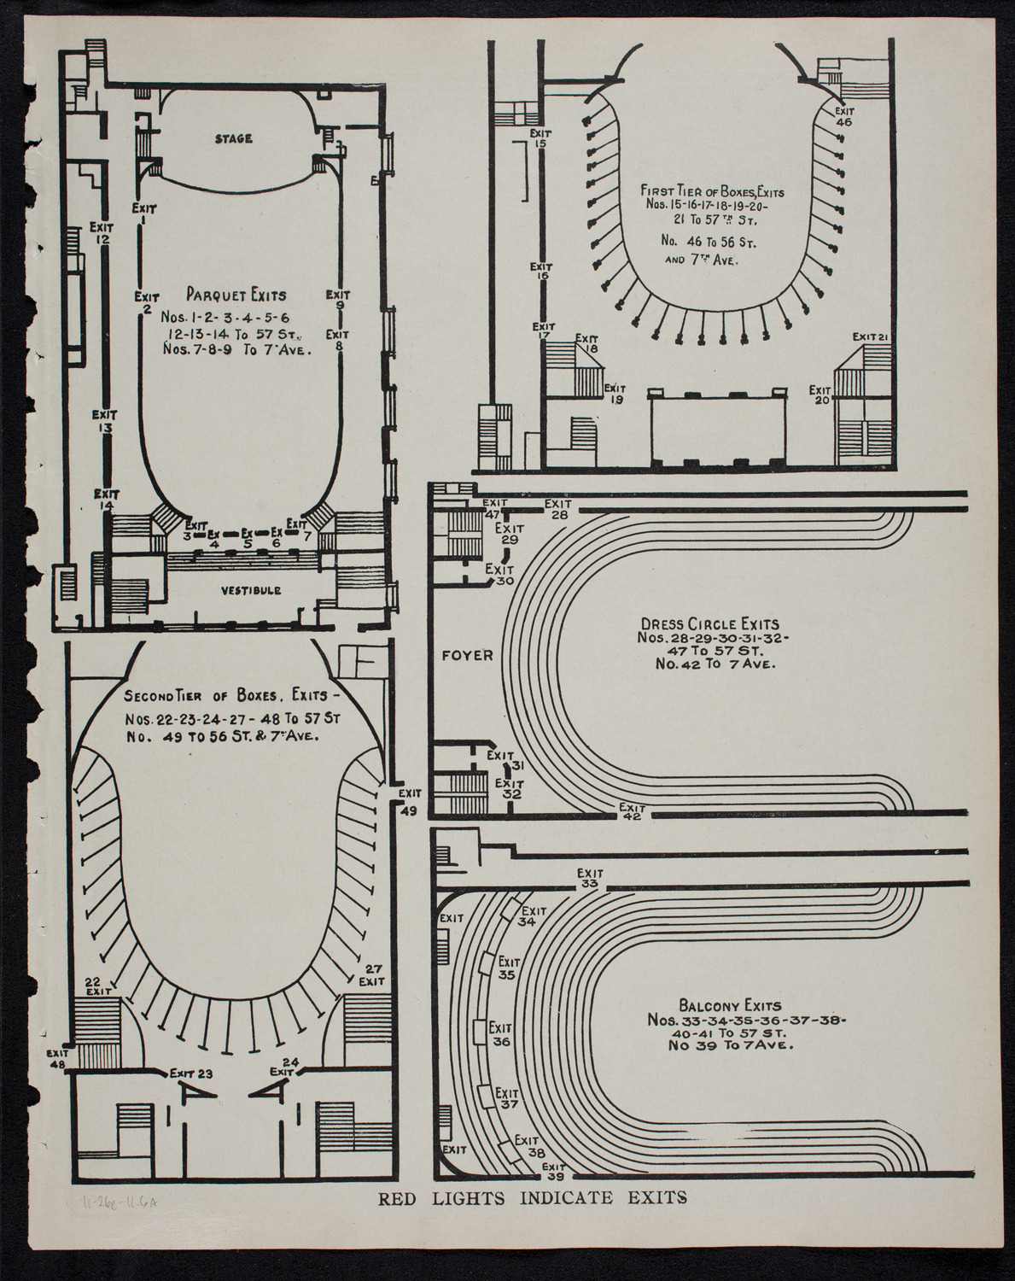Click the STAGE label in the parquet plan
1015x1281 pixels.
tap(232, 138)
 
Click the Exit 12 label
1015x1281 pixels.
tap(102, 233)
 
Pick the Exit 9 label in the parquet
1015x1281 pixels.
tap(338, 301)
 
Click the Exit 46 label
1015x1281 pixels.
tap(843, 116)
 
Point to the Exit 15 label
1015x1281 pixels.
tap(540, 139)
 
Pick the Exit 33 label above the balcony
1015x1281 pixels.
tap(588, 879)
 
